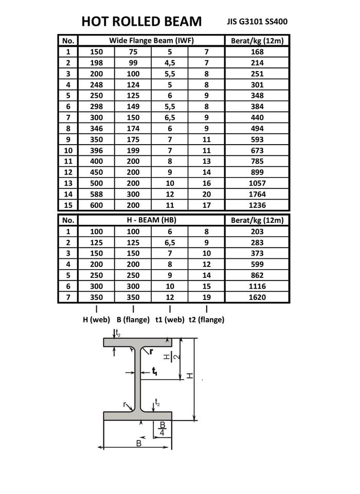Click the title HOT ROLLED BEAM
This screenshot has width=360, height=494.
coord(142,22)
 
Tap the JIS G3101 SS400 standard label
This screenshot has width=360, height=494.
coord(257,22)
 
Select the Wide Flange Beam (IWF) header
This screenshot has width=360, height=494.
coord(151,40)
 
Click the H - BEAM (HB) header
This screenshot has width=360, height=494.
coord(151,220)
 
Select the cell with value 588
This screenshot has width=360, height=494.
coord(96,194)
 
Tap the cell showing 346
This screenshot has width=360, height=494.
coord(96,128)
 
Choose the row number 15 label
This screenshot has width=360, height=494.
coord(68,205)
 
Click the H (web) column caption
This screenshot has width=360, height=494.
coord(97,320)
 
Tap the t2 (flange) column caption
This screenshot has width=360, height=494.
coord(206,320)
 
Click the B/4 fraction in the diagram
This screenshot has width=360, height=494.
coord(163,429)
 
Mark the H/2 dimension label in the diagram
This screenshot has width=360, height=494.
coord(171,357)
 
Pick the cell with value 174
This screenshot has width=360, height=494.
coord(133,128)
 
